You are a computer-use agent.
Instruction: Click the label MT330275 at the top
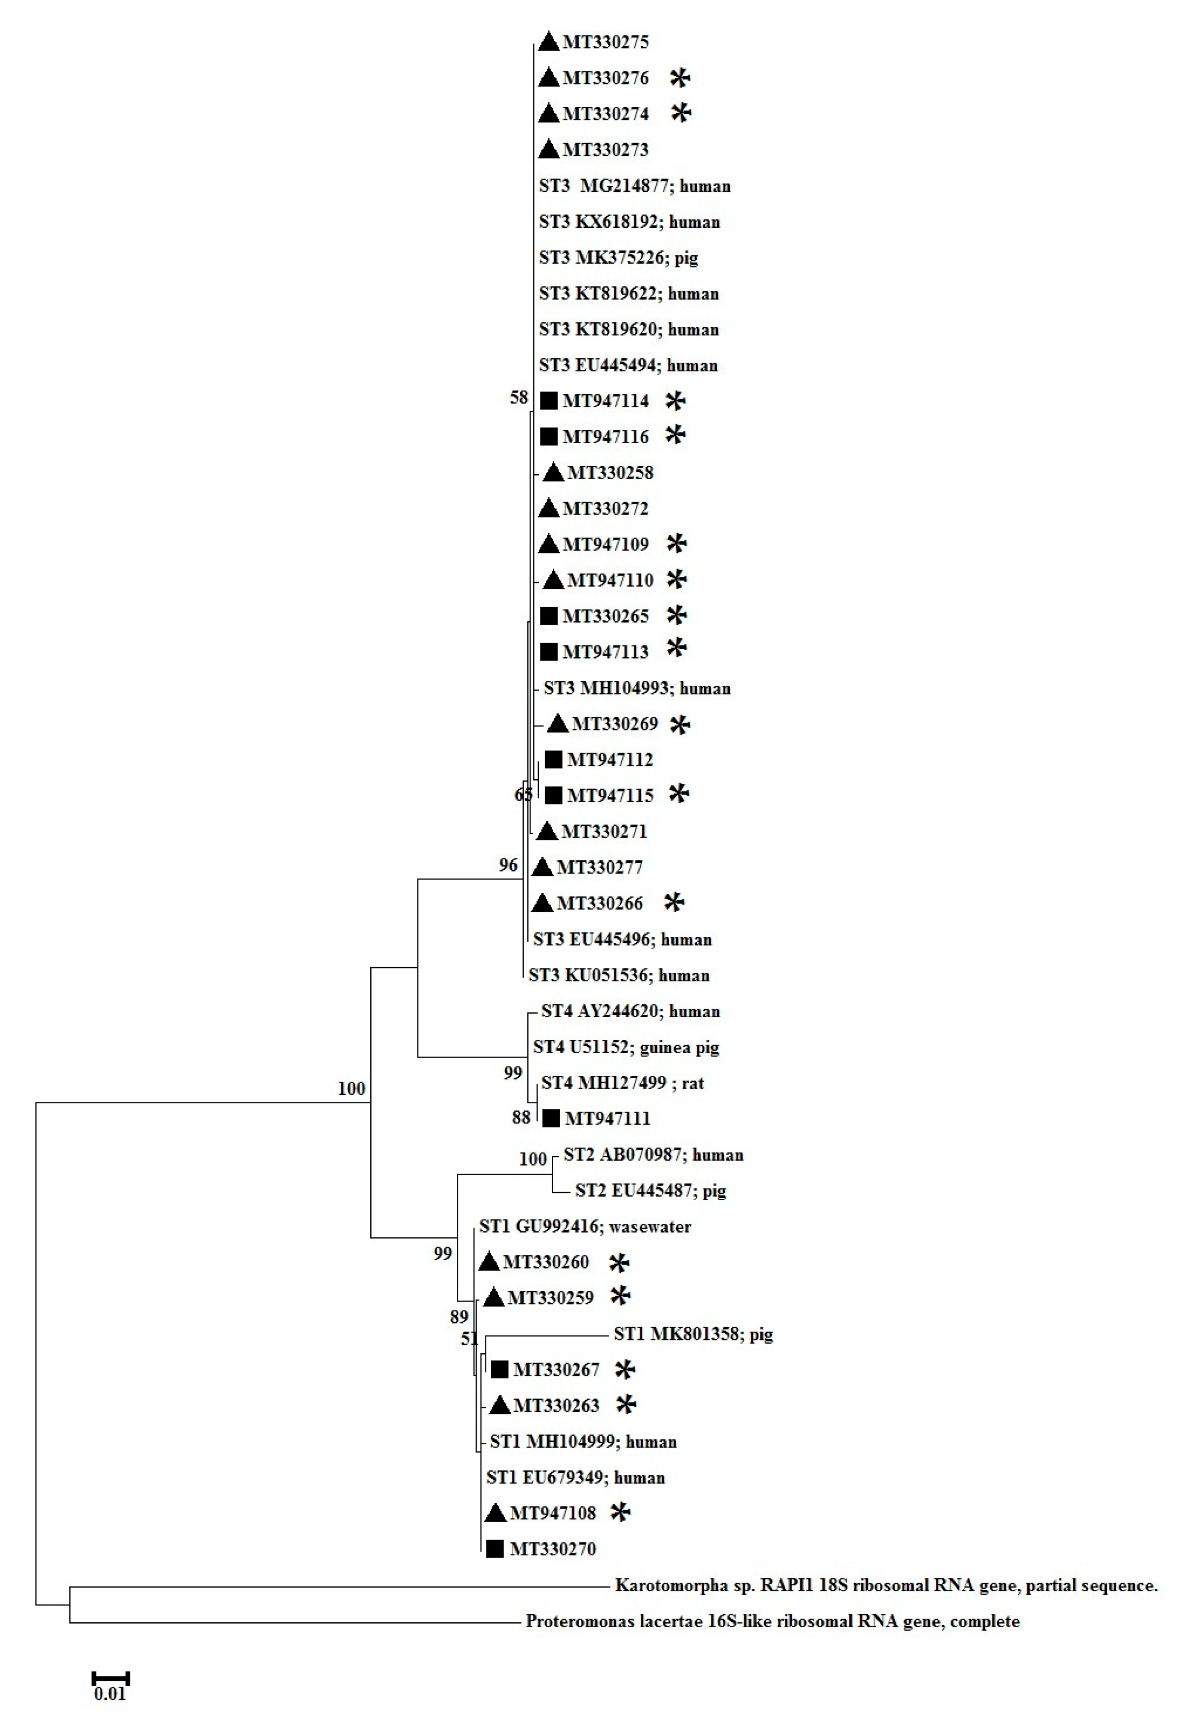(605, 42)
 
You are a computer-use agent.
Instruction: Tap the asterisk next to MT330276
(680, 78)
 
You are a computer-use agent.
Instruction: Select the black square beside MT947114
(548, 401)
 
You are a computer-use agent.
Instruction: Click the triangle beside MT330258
(553, 472)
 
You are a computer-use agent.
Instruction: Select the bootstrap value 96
(508, 865)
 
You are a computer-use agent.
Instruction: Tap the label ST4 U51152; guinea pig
(626, 1047)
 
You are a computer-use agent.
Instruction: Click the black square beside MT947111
(551, 1118)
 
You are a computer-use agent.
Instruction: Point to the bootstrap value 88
(521, 1117)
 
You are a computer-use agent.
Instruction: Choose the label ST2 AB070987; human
(653, 1154)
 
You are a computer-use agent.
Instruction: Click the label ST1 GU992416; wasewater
(585, 1226)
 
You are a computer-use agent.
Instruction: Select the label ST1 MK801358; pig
(693, 1334)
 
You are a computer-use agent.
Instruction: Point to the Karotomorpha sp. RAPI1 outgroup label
(886, 1585)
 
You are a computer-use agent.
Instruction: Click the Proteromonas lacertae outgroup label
(773, 1621)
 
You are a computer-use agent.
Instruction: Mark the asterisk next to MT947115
(678, 793)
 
